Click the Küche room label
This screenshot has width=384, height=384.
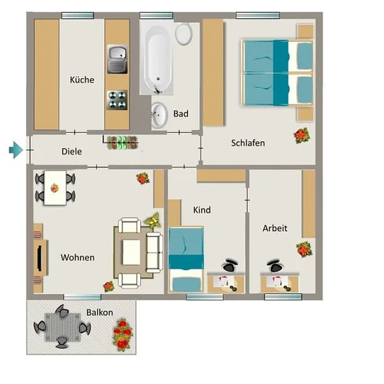tap(82, 80)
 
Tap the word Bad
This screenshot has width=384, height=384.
tap(181, 114)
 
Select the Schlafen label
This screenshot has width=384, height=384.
tap(248, 143)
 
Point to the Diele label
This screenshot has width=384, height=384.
tap(71, 152)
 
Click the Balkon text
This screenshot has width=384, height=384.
tap(100, 313)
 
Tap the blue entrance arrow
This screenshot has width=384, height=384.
tap(16, 150)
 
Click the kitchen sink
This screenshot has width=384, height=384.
tap(117, 59)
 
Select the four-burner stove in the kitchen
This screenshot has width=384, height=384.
tap(117, 100)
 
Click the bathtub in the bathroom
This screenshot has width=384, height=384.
tap(157, 60)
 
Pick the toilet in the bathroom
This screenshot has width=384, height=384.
tap(184, 34)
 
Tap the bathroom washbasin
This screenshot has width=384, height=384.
tap(159, 115)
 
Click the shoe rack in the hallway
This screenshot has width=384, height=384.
tap(121, 142)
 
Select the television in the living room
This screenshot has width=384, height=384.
tap(39, 258)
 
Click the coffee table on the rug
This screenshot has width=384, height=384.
tap(131, 252)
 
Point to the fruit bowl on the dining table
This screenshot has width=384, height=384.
tap(54, 188)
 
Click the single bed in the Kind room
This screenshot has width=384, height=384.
tap(186, 259)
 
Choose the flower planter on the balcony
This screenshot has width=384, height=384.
tap(122, 334)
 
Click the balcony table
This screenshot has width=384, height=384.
tap(63, 327)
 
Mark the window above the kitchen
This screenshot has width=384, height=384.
tap(77, 15)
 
